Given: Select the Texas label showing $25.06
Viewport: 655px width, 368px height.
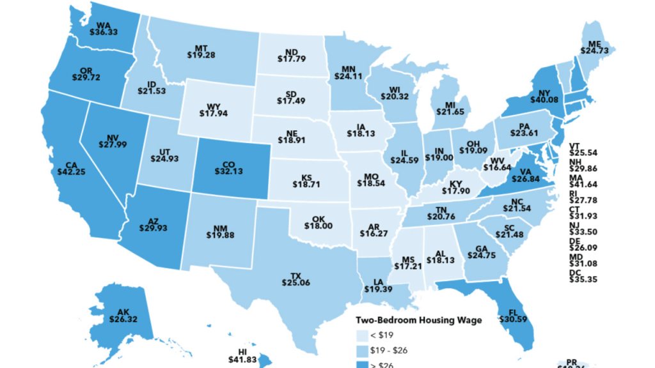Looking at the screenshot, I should pyautogui.click(x=296, y=280).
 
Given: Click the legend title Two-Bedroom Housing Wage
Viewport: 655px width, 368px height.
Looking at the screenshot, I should pyautogui.click(x=418, y=320).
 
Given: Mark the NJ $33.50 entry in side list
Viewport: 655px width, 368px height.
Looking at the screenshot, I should pyautogui.click(x=581, y=227).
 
